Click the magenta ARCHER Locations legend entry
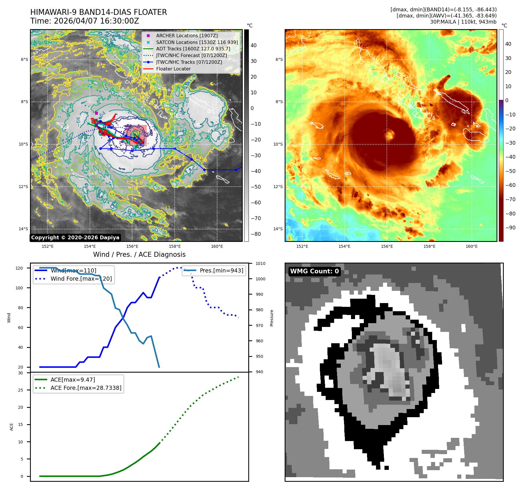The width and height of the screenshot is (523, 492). point(187,36)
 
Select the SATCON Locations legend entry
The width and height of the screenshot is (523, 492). point(197,42)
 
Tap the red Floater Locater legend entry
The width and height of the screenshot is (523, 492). point(173,69)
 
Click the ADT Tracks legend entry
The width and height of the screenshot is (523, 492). point(193,49)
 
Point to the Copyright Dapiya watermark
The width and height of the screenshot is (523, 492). point(75,238)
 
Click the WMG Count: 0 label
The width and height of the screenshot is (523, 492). point(314,271)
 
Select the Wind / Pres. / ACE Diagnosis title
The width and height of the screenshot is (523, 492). point(139,254)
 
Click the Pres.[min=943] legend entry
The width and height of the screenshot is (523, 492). point(221,270)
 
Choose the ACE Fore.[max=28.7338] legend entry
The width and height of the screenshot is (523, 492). point(86,388)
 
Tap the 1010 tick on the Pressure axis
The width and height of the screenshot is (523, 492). point(260,264)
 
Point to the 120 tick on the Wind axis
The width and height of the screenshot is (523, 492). point(19,268)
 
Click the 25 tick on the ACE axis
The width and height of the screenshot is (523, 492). point(21,390)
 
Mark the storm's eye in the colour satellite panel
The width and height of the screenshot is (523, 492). point(390,135)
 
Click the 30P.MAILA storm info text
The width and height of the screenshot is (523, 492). point(463,22)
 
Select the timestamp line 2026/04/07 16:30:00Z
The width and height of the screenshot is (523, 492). point(85,21)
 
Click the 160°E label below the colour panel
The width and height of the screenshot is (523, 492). point(471,247)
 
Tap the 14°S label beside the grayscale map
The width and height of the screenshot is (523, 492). point(24,229)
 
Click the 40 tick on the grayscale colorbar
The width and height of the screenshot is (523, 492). point(253,45)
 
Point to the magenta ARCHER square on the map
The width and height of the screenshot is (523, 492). point(97,113)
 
